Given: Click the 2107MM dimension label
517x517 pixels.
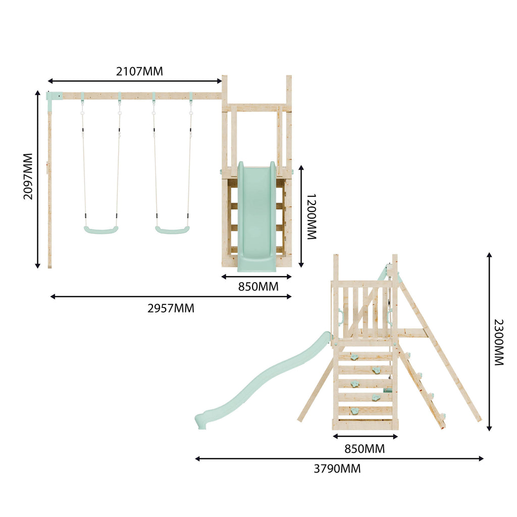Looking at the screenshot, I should (x=139, y=71).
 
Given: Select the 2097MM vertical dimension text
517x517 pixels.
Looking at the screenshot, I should (x=28, y=176).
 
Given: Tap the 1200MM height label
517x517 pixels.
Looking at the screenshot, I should (x=312, y=217).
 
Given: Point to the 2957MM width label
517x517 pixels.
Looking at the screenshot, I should (x=171, y=308).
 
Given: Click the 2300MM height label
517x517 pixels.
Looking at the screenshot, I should (x=498, y=342).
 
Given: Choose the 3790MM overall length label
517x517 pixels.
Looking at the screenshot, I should (x=337, y=469).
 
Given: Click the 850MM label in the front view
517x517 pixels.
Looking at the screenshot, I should (x=258, y=287).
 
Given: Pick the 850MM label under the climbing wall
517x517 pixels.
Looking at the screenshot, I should (x=365, y=448).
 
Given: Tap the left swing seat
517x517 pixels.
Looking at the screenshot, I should (x=101, y=230).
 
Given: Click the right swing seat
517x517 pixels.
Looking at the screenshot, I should (x=172, y=230).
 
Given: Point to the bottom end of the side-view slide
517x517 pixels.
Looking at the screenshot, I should (x=201, y=420).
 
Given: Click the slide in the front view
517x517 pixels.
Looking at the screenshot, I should (x=257, y=217).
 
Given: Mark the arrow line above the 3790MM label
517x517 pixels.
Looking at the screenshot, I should (x=339, y=458).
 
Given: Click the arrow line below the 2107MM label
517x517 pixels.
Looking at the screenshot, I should (x=135, y=81).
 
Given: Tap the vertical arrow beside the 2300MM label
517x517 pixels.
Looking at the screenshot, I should (x=489, y=342).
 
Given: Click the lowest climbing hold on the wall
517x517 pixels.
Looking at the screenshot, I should (x=356, y=410).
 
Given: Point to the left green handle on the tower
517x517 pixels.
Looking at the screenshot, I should (x=340, y=317).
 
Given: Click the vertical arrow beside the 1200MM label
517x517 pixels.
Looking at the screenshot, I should (x=301, y=216).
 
